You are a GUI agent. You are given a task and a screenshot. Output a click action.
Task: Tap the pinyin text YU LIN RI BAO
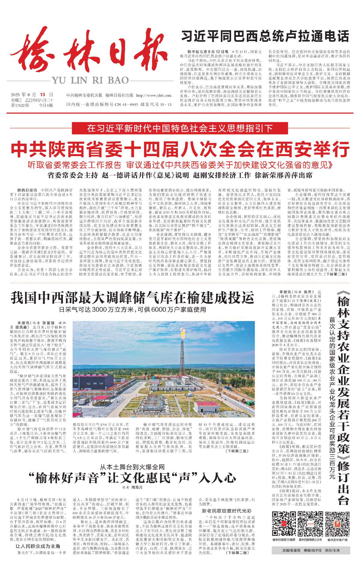(90, 80)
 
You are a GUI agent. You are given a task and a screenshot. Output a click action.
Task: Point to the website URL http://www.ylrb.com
(154, 95)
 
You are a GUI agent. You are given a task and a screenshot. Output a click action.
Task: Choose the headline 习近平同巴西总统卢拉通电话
(265, 37)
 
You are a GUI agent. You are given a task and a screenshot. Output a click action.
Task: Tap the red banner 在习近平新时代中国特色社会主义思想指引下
(180, 128)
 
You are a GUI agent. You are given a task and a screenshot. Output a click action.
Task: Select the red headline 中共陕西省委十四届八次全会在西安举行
(180, 149)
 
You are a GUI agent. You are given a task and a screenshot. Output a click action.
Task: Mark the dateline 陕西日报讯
(27, 190)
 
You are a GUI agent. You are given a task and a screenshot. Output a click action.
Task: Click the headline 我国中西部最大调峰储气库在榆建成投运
(132, 298)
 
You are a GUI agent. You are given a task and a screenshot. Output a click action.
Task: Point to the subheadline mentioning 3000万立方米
(132, 309)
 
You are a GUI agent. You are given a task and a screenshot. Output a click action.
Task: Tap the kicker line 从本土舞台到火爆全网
(132, 467)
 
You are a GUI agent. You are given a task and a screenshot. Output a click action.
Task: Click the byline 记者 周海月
(132, 488)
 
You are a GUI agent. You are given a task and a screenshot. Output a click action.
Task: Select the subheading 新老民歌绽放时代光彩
(226, 511)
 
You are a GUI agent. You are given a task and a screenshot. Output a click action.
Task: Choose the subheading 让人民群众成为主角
(38, 546)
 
